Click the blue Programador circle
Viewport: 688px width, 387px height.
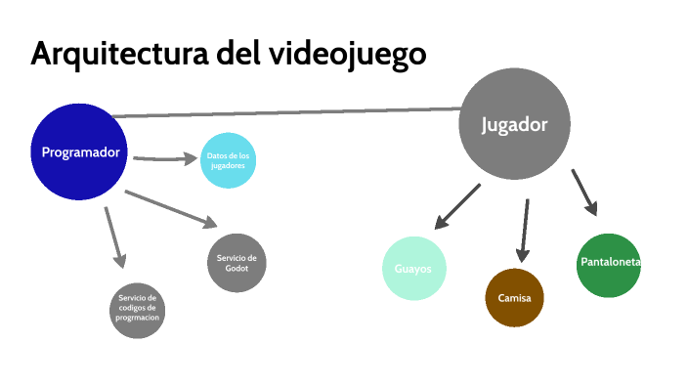pos(80,151)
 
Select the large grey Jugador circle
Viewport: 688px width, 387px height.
pos(514,124)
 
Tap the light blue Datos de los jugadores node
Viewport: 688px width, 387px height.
pos(229,159)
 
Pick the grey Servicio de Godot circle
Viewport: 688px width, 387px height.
pos(236,263)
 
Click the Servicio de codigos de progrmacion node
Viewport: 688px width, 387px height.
pos(138,309)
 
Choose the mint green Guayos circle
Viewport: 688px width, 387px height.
pos(414,268)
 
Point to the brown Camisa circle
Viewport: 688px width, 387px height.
pos(514,297)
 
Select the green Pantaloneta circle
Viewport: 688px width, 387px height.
pos(609,264)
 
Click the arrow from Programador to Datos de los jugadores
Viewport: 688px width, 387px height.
pos(164,157)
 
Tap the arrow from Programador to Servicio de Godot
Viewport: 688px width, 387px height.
pos(171,208)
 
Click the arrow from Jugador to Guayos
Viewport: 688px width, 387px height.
pos(456,206)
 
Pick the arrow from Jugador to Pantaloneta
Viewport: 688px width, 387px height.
pos(583,192)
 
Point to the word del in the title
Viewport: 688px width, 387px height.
pos(239,54)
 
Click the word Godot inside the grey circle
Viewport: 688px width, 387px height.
pos(236,269)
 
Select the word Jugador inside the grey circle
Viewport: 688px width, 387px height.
pos(514,125)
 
